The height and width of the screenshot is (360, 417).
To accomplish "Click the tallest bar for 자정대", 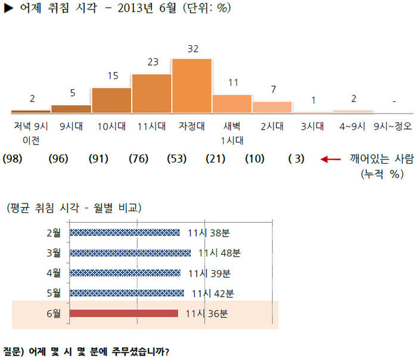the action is point(192,86).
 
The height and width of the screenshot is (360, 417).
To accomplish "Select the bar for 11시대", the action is point(151,93).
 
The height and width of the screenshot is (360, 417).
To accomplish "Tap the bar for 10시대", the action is point(111,101).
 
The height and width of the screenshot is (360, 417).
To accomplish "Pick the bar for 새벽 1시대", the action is point(232,104).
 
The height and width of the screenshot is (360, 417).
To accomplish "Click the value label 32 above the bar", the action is point(193,49).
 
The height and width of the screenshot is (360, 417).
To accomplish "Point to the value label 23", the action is point(153,62).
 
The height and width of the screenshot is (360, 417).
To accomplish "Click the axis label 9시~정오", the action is point(393,126).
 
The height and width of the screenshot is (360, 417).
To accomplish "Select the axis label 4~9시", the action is point(353,126).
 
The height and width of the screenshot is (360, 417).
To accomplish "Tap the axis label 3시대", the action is point(312,126).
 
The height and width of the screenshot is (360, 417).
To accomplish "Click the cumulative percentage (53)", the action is point(177,159).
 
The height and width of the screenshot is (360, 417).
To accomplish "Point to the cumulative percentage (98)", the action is point(13,159).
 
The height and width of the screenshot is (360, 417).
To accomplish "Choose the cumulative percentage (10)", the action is point(255,159).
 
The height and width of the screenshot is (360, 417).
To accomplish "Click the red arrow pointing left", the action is point(331,159).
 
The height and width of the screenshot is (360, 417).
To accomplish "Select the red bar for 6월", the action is point(124,313).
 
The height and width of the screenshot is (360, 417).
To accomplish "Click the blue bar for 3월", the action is point(130,253).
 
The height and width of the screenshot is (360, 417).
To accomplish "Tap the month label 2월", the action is point(54,233).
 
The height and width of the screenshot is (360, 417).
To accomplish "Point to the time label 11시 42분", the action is point(213,293).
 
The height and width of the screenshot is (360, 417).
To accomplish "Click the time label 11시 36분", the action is point(207,314).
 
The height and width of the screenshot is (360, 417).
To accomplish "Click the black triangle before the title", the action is point(8,8).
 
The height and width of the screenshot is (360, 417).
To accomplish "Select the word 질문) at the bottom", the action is point(13,352).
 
